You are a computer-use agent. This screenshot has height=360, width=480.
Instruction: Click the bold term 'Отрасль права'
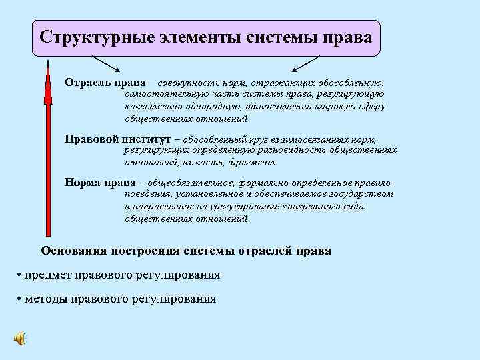101,83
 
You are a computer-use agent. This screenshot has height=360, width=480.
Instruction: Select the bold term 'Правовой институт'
117,139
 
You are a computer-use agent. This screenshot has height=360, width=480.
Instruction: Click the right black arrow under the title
306,63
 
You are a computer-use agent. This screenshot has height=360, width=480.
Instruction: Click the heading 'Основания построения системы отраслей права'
185,251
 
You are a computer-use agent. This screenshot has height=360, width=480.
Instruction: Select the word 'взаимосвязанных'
301,140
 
